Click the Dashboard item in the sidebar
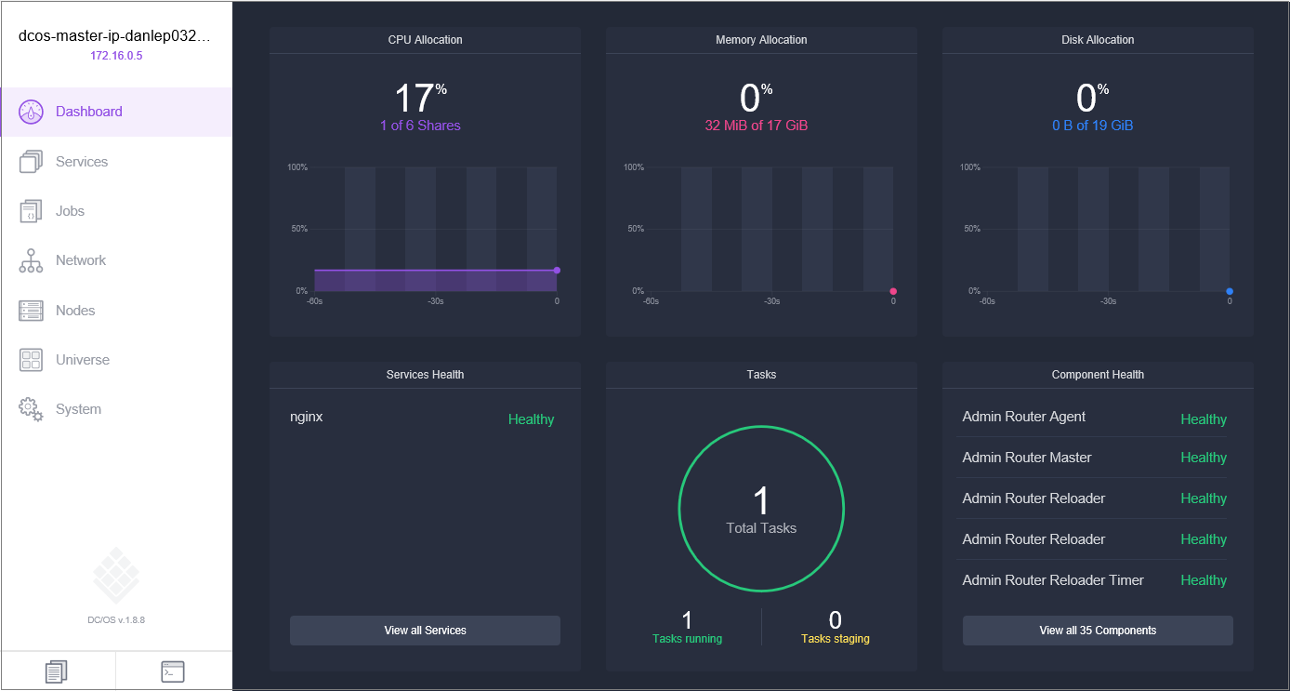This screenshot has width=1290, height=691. (x=88, y=112)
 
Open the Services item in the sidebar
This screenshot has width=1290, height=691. (x=82, y=162)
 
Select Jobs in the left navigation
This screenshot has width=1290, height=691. (x=70, y=211)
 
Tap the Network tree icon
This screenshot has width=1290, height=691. (x=31, y=261)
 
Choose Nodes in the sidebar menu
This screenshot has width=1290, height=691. (x=75, y=311)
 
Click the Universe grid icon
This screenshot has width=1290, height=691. (x=31, y=360)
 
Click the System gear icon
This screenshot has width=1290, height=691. (x=31, y=409)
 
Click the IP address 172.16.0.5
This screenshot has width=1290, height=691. (x=116, y=56)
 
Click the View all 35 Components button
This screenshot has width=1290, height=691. (x=1098, y=631)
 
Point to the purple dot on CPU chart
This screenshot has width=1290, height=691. (x=557, y=271)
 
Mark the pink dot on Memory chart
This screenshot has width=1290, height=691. (x=893, y=291)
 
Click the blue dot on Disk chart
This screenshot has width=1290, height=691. (x=1230, y=291)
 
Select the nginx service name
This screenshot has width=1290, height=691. (x=307, y=417)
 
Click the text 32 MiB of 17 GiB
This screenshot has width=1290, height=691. (x=757, y=126)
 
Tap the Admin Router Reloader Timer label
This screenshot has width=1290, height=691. (x=1053, y=580)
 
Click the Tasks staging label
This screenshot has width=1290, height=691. (x=836, y=639)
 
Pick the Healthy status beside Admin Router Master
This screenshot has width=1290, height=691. (x=1204, y=458)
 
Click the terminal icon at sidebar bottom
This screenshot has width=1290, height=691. (x=173, y=671)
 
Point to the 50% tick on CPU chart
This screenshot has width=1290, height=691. (x=297, y=229)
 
